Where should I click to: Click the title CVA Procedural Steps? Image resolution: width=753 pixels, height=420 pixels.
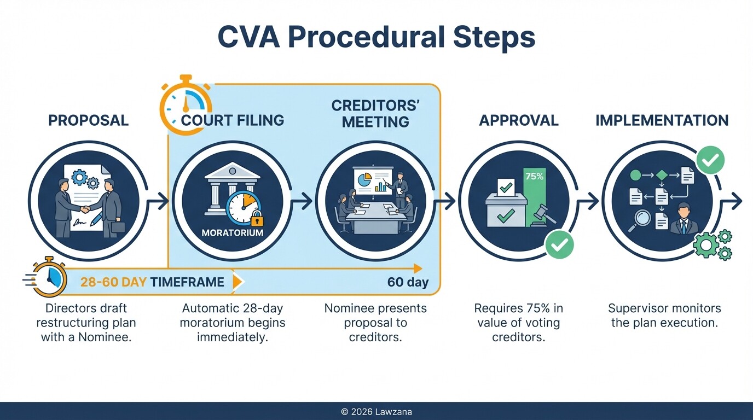coord(376,38)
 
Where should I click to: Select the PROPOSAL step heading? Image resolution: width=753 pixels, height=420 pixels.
coord(88,120)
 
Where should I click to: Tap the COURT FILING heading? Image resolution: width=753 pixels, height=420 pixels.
coord(232,120)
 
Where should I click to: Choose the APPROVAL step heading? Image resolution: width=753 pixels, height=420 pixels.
coord(518,120)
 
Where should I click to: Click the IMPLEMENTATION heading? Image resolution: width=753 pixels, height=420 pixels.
coord(662,120)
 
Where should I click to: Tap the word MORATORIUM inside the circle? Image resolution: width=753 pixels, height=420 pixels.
coord(232,232)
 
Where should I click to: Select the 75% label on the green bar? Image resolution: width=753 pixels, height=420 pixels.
coord(534,177)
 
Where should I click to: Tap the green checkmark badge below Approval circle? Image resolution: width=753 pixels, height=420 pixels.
coord(559,244)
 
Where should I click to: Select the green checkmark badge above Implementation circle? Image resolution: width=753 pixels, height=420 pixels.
coord(710,160)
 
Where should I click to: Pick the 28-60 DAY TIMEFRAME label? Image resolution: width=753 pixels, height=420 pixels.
coord(152,282)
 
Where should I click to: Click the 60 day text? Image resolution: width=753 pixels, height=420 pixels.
coord(407,282)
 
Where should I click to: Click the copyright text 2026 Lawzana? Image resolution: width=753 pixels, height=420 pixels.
coord(376,412)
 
